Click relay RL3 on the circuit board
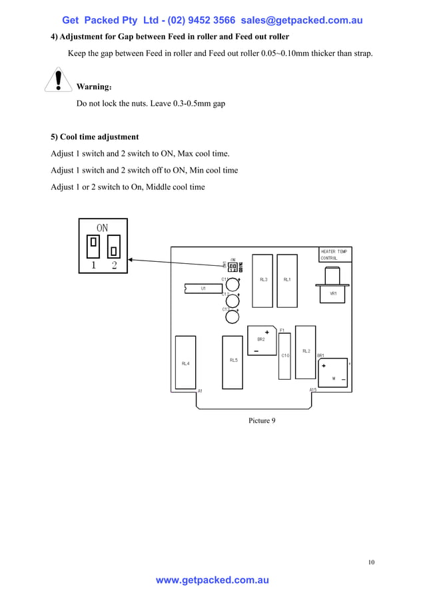(262, 281)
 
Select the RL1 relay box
(287, 281)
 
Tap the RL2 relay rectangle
(306, 351)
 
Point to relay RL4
(185, 363)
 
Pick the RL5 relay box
(232, 362)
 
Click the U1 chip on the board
(203, 289)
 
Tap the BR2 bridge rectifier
(262, 340)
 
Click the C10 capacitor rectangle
(284, 356)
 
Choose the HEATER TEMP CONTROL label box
(334, 255)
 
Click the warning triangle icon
(59, 80)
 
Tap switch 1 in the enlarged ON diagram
(94, 244)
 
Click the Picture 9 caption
(262, 420)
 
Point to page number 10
(371, 562)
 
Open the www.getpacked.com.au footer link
(212, 580)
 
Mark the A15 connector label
(313, 390)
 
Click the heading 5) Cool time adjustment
(95, 137)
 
